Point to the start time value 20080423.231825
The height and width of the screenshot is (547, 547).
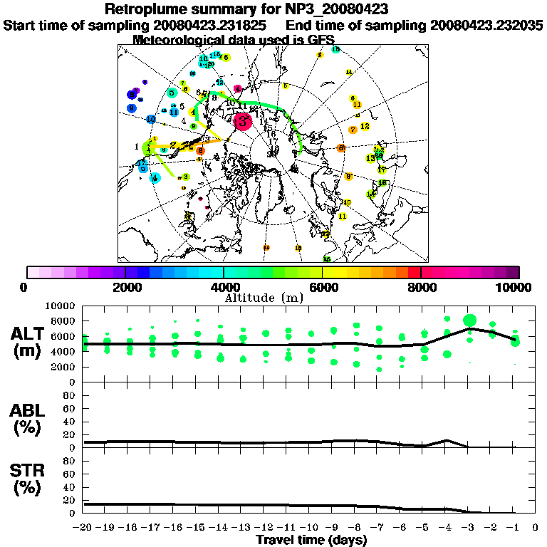tap(210, 25)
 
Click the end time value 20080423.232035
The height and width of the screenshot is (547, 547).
tap(486, 25)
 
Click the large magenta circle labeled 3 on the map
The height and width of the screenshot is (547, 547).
tap(242, 121)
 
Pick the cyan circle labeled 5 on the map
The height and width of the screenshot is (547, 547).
tap(172, 93)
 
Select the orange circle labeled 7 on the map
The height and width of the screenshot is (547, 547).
tap(353, 130)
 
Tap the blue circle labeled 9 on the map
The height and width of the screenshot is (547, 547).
tap(132, 108)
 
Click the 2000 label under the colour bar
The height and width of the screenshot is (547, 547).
tap(125, 287)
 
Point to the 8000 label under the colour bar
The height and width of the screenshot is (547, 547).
tap(421, 287)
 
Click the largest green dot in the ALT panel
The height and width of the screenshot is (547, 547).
tap(469, 321)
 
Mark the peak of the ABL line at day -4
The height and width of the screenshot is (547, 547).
tap(447, 440)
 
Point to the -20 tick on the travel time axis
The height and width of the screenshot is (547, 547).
tap(84, 528)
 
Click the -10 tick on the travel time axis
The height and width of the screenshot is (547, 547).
tap(310, 528)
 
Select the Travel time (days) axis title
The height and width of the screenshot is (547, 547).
tap(311, 540)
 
